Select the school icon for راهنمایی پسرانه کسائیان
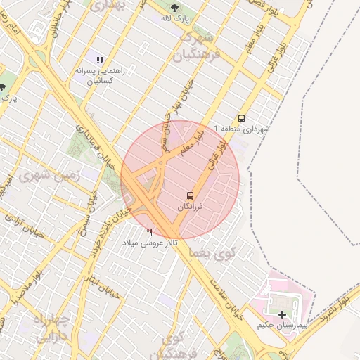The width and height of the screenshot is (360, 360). point(101,60)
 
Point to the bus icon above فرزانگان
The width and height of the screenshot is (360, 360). point(190,195)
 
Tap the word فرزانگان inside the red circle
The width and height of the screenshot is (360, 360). point(190,207)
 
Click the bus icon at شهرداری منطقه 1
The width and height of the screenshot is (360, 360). point(241,118)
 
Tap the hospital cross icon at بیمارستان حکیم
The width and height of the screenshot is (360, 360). point(283,314)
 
